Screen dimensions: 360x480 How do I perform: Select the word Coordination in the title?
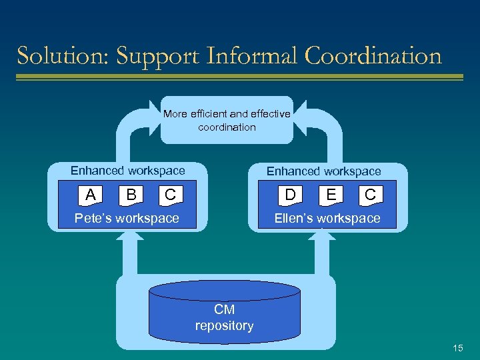(373, 56)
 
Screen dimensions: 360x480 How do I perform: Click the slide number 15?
(457, 347)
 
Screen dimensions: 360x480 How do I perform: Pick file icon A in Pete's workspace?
(91, 195)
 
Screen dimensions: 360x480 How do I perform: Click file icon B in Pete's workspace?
(132, 195)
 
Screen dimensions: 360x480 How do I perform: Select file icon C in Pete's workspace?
(170, 195)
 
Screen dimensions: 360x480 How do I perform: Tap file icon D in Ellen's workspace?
(291, 195)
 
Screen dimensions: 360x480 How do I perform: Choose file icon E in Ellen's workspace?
(331, 195)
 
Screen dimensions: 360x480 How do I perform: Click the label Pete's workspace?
(127, 218)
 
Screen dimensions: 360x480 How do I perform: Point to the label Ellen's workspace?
(327, 218)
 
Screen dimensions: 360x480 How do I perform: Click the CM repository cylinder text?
(224, 318)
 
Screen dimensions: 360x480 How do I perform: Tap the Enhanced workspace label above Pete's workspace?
(128, 171)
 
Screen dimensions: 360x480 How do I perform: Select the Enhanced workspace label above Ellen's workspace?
(324, 171)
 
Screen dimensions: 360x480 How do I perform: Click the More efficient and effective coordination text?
(227, 120)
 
